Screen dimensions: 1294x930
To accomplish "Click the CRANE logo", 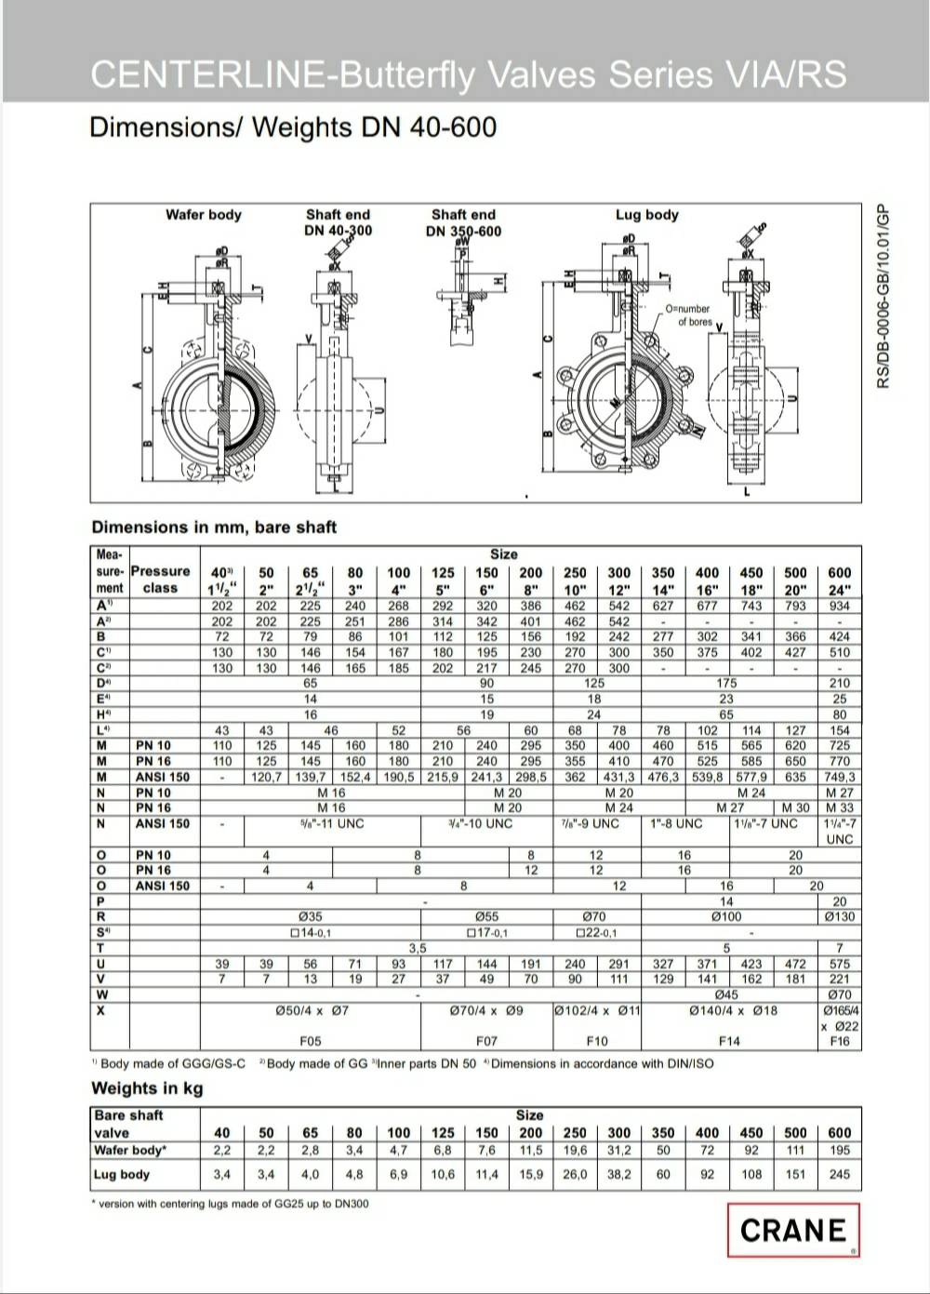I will pos(793,1230).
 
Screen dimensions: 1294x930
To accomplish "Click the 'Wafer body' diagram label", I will pos(203,215).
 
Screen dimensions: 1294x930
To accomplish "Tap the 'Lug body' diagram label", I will pos(647,215).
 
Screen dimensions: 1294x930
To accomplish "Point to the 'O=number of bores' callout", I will pos(688,315).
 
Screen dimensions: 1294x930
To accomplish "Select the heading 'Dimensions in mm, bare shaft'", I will pos(214,527).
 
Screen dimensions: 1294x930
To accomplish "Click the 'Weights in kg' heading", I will pos(147,1088).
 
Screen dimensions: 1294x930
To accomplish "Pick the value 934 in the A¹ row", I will pos(839,606).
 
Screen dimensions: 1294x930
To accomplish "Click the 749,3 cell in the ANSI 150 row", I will pos(839,777).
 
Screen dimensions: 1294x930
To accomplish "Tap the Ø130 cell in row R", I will pos(839,917).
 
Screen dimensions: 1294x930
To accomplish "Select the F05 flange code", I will pos(311,1041).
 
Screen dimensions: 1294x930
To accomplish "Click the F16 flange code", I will pos(839,1041).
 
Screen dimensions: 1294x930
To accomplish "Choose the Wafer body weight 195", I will pos(839,1151).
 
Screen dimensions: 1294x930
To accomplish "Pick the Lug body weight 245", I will pos(839,1175).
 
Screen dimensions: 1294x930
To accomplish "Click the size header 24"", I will pos(839,589).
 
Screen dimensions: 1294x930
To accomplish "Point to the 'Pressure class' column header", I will pos(160,580).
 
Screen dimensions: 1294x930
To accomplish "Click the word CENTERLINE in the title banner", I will pos(209,74).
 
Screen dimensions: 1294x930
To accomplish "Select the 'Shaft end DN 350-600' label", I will pos(463,223).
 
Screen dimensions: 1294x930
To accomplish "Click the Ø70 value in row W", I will pos(839,995).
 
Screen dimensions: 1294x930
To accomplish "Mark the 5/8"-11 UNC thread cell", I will pos(332,824).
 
